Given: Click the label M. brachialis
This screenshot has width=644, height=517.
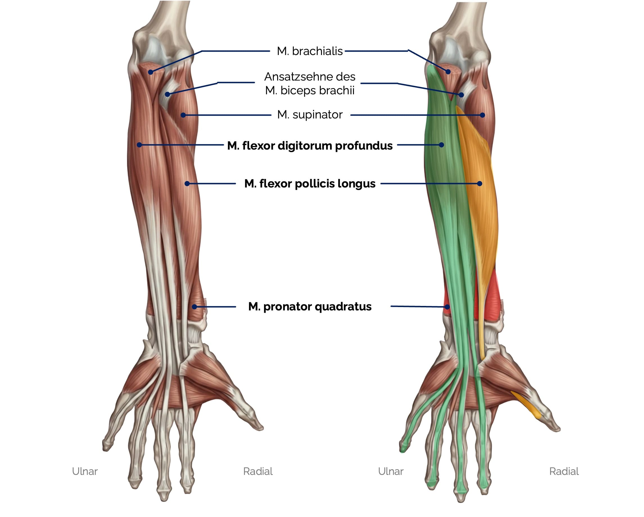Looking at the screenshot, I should [309, 51].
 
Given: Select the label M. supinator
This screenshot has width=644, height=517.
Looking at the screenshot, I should [310, 115].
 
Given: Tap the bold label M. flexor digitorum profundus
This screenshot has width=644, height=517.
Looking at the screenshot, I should [310, 146].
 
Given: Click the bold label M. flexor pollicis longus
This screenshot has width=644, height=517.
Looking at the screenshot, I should [310, 184].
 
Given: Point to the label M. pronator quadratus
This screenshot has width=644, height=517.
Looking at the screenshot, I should [310, 306].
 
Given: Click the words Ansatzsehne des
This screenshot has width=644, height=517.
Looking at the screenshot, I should [310, 77].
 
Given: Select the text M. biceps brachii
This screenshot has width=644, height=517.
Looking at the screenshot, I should [310, 90].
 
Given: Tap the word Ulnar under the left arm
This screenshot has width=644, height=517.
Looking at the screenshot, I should [85, 471].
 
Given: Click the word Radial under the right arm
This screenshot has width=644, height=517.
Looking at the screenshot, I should [564, 471].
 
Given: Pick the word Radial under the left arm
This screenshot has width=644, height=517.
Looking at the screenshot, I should [258, 471].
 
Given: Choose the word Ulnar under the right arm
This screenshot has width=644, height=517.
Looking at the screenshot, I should [391, 471].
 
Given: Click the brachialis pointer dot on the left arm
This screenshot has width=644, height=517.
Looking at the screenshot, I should [151, 72].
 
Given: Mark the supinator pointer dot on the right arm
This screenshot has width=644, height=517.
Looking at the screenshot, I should [482, 115].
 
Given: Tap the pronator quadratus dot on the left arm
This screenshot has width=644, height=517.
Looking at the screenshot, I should [195, 307].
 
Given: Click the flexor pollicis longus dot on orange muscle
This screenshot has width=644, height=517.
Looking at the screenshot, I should [479, 184].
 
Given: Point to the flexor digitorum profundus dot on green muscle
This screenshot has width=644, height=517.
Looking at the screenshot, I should [442, 145].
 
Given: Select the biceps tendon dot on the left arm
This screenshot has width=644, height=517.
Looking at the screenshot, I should [168, 94].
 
